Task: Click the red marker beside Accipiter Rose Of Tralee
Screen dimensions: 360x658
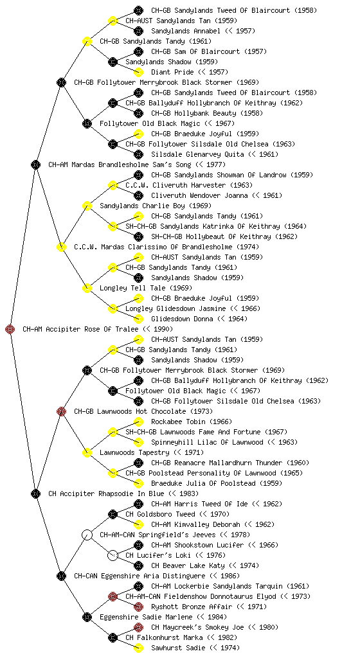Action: (x=10, y=330)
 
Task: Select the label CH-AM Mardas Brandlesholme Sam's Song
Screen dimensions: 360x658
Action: (x=137, y=164)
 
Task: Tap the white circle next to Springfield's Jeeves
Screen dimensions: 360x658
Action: (x=87, y=535)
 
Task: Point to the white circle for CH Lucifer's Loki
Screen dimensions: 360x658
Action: (x=113, y=556)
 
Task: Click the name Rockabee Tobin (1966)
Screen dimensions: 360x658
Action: (x=192, y=422)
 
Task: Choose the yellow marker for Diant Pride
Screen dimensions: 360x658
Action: (x=138, y=72)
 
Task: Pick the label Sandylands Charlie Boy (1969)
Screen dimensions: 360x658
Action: (x=156, y=206)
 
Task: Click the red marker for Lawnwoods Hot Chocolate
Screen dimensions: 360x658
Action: (x=61, y=412)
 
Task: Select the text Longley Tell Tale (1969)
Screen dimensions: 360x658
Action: (x=146, y=288)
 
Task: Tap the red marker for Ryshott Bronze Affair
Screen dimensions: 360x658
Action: (x=138, y=607)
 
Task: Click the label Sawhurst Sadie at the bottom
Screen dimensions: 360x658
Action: (x=195, y=648)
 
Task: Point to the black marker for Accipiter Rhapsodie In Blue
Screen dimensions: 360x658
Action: (x=35, y=494)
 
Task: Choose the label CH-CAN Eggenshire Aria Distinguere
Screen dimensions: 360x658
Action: (x=157, y=576)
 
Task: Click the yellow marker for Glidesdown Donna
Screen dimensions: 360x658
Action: (x=138, y=319)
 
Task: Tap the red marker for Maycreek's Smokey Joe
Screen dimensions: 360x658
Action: (x=138, y=627)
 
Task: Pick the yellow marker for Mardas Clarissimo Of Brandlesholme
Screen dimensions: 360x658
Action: (x=61, y=247)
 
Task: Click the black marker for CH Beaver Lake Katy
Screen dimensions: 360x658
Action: (x=138, y=565)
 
